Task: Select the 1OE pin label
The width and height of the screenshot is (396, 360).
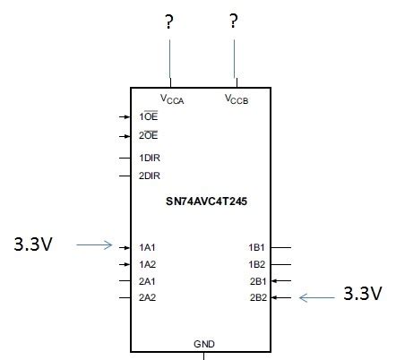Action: pyautogui.click(x=150, y=116)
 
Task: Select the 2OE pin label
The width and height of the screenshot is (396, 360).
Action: pyautogui.click(x=150, y=136)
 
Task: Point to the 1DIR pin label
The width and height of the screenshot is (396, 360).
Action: pyautogui.click(x=151, y=158)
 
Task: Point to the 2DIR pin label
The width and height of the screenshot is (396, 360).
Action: pyautogui.click(x=151, y=176)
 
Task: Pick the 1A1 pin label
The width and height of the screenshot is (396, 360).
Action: pyautogui.click(x=149, y=245)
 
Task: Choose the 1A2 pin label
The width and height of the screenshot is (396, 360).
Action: pyautogui.click(x=149, y=264)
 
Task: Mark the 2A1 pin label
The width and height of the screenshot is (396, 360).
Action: pyautogui.click(x=149, y=280)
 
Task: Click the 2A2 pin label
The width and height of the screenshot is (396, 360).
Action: pyautogui.click(x=149, y=296)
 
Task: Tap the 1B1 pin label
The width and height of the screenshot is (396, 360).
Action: pyautogui.click(x=257, y=245)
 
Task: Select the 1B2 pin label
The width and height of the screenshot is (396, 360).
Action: pyautogui.click(x=257, y=264)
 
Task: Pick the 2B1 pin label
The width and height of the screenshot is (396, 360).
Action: pyautogui.click(x=257, y=280)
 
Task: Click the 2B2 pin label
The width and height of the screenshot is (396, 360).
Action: pyautogui.click(x=257, y=296)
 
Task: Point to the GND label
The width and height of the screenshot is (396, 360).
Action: pyautogui.click(x=204, y=344)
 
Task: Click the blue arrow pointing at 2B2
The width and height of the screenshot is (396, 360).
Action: pyautogui.click(x=315, y=296)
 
